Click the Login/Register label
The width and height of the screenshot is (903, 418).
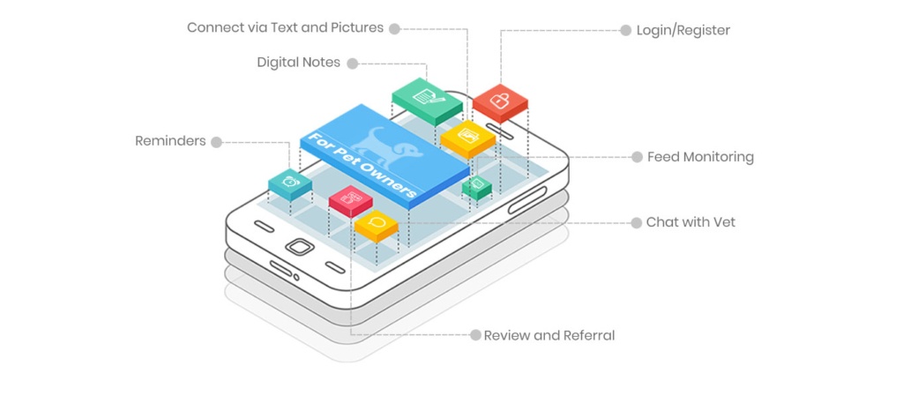point(683,31)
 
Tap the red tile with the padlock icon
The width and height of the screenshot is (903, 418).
point(499,100)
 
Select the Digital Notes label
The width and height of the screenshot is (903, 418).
point(298,63)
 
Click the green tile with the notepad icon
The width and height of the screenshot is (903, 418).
point(427,96)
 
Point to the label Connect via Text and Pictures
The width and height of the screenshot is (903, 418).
point(285,27)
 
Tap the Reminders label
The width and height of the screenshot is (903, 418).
point(170,141)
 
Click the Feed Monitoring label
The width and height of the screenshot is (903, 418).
point(700,157)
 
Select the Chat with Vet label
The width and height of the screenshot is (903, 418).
point(690,222)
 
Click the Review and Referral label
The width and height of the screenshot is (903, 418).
point(549,335)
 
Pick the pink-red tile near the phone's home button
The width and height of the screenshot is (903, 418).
point(350,198)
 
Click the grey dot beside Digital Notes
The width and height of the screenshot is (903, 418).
point(351,63)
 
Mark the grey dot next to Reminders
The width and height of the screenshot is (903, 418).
point(216,141)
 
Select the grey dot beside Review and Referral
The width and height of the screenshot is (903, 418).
point(475,335)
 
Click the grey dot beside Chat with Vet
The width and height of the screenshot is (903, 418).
point(636,223)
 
